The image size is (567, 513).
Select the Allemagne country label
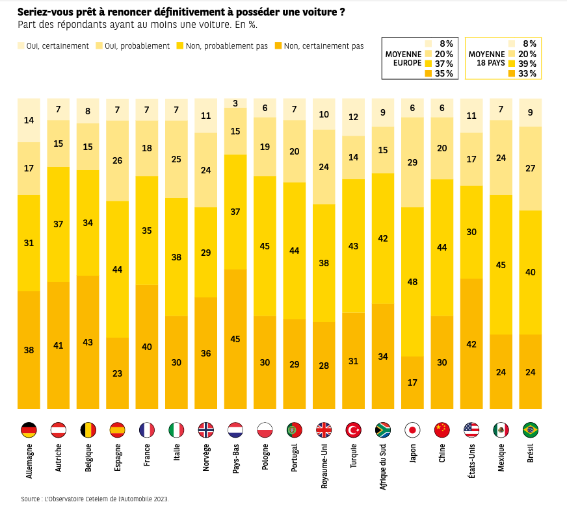point(29,462)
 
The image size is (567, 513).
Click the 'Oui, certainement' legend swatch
point(20,46)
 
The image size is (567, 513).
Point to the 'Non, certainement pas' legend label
point(323,46)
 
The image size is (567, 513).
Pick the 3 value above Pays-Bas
point(235,103)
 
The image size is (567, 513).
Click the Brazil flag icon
point(531,430)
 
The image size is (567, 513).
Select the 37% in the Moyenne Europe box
point(443,64)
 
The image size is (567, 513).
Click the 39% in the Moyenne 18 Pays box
point(527,64)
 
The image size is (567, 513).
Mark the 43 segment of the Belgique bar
point(87,342)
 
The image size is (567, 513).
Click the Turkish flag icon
point(354,430)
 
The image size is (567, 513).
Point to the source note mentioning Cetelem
point(94,499)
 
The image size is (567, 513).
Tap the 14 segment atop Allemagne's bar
point(29,120)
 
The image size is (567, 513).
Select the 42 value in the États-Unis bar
point(471,344)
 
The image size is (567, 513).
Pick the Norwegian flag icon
point(205,430)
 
